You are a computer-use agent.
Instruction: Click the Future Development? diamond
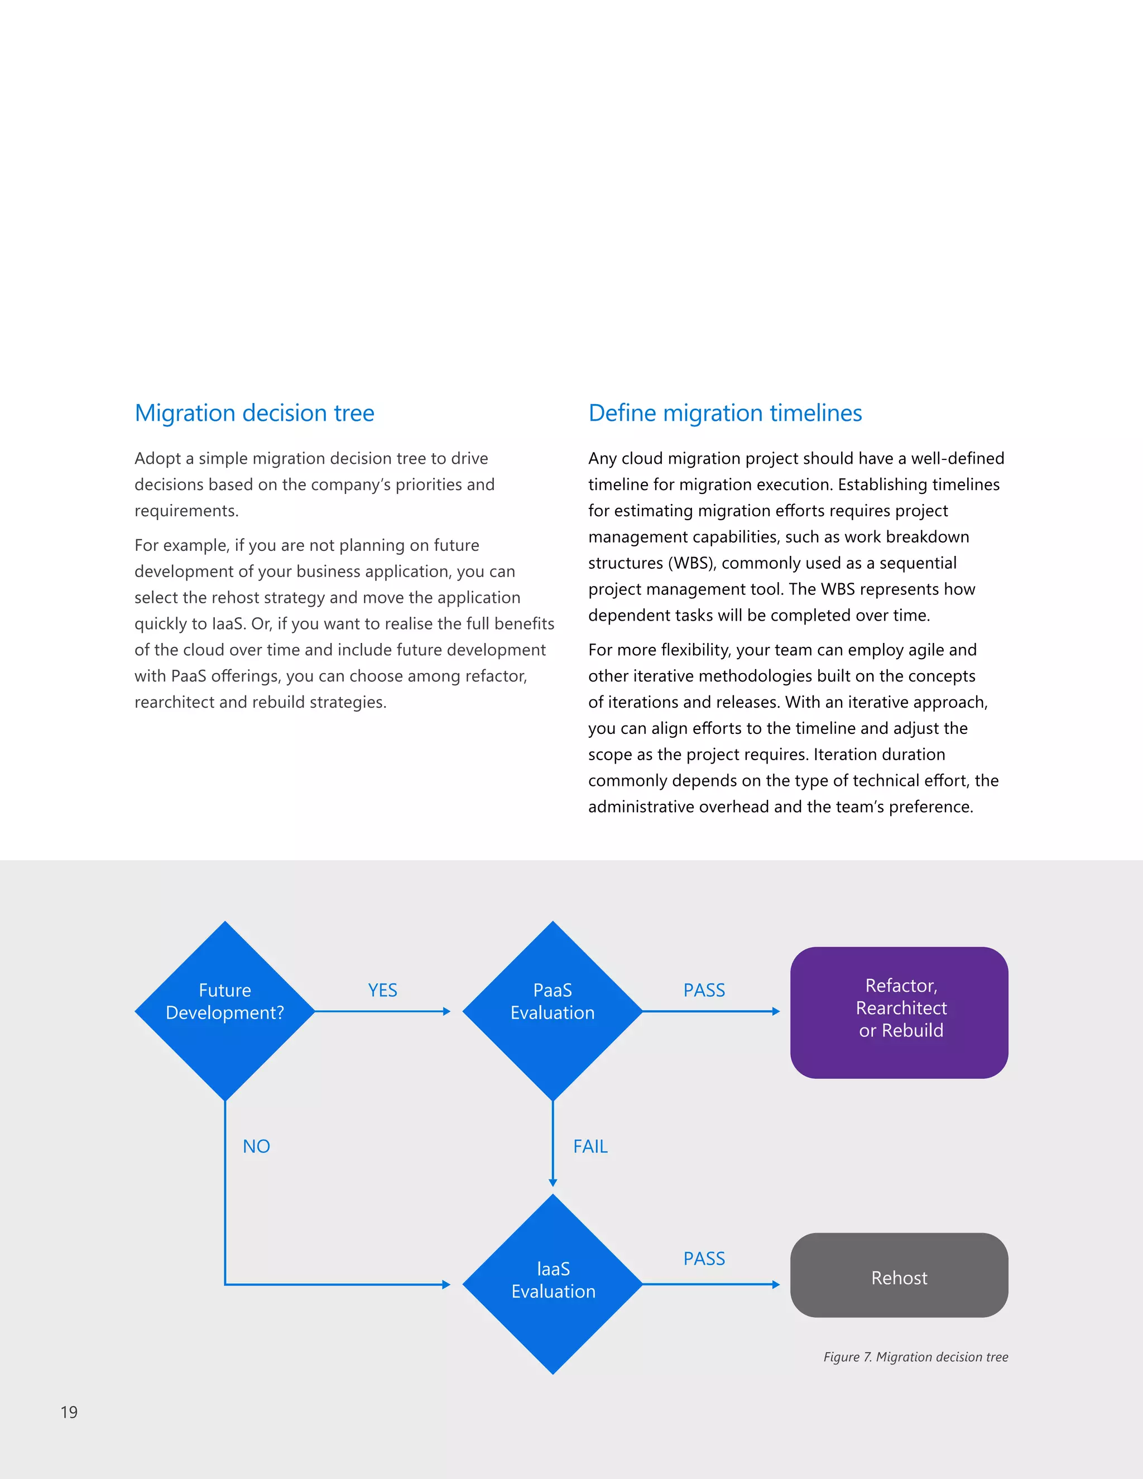(225, 1011)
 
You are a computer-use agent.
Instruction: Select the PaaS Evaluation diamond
(553, 1011)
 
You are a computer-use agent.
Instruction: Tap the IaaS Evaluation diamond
(553, 1284)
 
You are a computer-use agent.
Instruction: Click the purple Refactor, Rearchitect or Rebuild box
(899, 1012)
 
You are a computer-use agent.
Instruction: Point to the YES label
(382, 990)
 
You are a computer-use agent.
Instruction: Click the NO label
(257, 1146)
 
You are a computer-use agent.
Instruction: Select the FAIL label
(590, 1146)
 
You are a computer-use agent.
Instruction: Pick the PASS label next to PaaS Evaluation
(704, 990)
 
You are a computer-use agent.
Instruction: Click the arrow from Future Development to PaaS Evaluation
(382, 1011)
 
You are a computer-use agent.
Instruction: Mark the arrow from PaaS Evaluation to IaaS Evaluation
(553, 1144)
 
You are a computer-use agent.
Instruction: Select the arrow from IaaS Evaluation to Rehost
(711, 1284)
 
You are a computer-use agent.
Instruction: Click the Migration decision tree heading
(254, 412)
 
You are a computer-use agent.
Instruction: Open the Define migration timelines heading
(725, 412)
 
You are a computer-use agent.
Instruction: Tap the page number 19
(69, 1412)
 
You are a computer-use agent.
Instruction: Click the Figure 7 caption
(915, 1356)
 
